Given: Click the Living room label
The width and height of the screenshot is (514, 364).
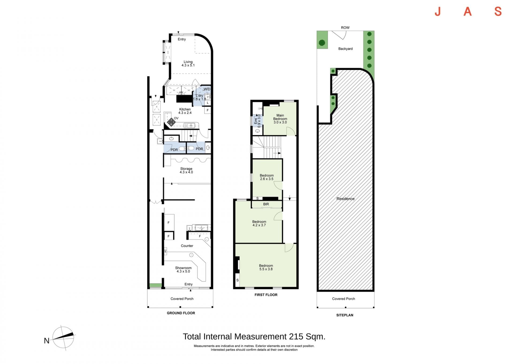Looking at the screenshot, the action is point(188,64).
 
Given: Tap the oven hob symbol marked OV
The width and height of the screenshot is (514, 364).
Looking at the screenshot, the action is point(171,122).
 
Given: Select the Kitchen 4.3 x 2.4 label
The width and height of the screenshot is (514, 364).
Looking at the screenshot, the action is point(185,111).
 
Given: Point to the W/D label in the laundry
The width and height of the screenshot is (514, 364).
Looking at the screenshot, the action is point(207,89).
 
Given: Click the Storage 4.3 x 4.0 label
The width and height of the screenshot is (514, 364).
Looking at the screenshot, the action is point(186,170).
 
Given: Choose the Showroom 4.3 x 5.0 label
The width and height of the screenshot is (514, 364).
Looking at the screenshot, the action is point(183,270).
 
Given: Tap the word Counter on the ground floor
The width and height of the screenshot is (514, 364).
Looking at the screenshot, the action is point(187,246).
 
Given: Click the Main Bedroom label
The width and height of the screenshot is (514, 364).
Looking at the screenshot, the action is point(280,119).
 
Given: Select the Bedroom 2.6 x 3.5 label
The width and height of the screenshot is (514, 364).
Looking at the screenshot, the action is point(267,177).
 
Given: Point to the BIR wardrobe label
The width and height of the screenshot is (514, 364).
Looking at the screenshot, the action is point(266,204).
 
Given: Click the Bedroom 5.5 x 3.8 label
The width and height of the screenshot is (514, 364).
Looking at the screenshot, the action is point(266,267).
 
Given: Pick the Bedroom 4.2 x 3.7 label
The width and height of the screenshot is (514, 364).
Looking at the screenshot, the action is point(259,223).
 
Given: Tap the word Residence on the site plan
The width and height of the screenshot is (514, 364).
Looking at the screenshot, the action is point(345,199).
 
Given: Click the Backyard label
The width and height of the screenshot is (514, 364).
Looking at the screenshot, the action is point(345,49).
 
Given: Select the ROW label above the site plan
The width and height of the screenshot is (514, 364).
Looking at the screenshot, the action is point(345,28).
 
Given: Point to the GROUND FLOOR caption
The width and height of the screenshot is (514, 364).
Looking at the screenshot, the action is point(181,313).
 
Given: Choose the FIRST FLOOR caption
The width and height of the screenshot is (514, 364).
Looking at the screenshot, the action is point(266,295).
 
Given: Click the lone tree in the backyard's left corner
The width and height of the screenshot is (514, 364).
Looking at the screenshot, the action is point(322,43).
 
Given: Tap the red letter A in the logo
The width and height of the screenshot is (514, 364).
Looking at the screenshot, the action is point(467,12).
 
